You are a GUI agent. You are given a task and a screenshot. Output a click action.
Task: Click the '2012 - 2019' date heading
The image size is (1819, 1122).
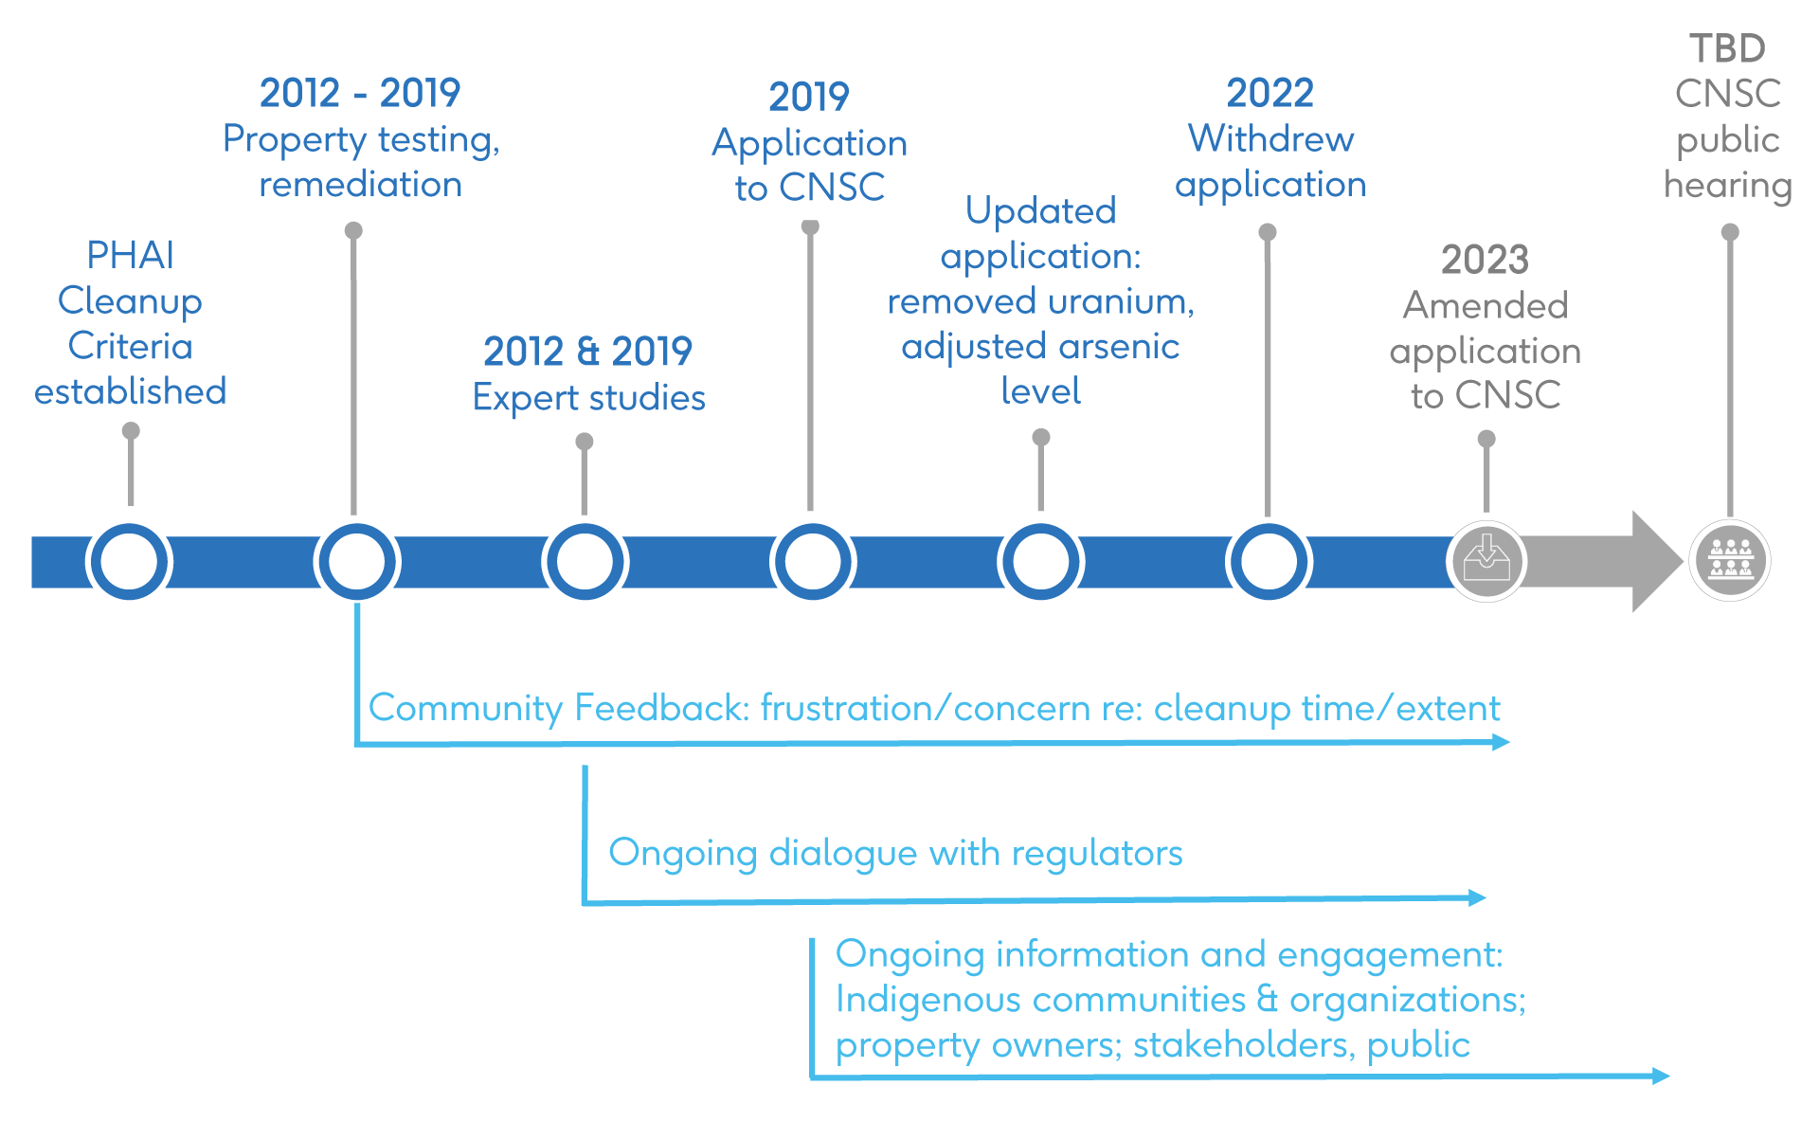pyautogui.click(x=360, y=93)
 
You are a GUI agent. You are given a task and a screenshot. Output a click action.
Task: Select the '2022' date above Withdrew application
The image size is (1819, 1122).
pyautogui.click(x=1270, y=93)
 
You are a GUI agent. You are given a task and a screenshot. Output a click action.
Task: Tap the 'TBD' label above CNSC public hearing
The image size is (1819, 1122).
pyautogui.click(x=1728, y=48)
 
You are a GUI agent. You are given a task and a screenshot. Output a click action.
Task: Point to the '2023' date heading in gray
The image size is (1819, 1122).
pyautogui.click(x=1485, y=260)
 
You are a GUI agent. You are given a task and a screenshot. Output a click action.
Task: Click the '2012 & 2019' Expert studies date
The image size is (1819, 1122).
pyautogui.click(x=587, y=352)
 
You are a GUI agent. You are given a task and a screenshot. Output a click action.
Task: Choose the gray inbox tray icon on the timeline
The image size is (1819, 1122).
pyautogui.click(x=1486, y=561)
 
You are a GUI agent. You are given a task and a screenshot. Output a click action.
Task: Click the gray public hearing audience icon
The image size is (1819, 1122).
pyautogui.click(x=1730, y=561)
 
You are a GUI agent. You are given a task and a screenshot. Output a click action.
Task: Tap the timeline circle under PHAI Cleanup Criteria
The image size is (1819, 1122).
pyautogui.click(x=129, y=561)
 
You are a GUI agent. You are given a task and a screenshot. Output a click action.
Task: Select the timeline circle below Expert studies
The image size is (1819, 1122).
pyautogui.click(x=585, y=561)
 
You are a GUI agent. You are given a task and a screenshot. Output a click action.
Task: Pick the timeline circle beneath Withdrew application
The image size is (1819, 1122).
pyautogui.click(x=1269, y=561)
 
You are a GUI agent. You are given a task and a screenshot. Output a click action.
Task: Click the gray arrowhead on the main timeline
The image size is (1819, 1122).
pyautogui.click(x=1656, y=561)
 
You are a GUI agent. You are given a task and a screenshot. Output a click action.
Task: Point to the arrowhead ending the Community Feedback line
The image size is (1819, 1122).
pyautogui.click(x=1501, y=742)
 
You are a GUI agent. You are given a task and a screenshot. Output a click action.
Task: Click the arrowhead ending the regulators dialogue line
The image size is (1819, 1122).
pyautogui.click(x=1477, y=897)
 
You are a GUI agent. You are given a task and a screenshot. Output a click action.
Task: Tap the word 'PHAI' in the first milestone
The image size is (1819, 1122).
pyautogui.click(x=131, y=255)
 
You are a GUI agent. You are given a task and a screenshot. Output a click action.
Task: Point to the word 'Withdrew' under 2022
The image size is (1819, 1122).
pyautogui.click(x=1270, y=139)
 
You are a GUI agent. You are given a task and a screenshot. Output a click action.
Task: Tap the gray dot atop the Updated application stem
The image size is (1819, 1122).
pyautogui.click(x=1041, y=437)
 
